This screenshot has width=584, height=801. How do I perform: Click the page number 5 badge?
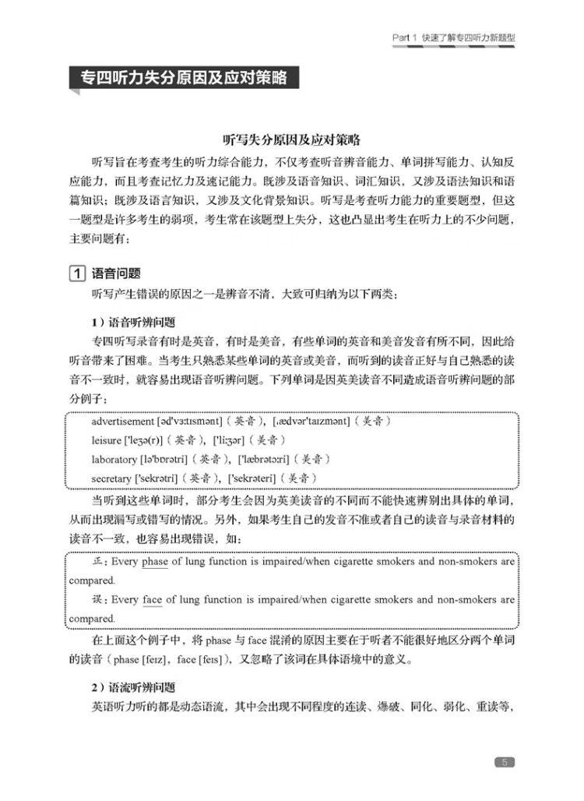pyautogui.click(x=505, y=762)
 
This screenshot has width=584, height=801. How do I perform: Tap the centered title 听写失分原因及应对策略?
pyautogui.click(x=292, y=140)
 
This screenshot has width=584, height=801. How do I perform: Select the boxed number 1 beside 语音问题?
pyautogui.click(x=76, y=273)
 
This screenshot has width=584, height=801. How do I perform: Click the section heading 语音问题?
pyautogui.click(x=116, y=273)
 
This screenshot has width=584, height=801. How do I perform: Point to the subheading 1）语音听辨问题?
pyautogui.click(x=133, y=322)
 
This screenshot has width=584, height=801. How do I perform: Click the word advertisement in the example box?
pyautogui.click(x=122, y=422)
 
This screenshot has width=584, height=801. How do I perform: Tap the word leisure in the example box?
pyautogui.click(x=107, y=440)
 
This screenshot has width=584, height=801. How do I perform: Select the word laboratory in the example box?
pyautogui.click(x=114, y=459)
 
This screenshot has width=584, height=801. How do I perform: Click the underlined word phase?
pyautogui.click(x=155, y=561)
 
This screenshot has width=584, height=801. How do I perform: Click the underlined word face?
pyautogui.click(x=153, y=600)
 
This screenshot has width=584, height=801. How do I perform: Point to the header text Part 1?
pyautogui.click(x=405, y=37)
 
